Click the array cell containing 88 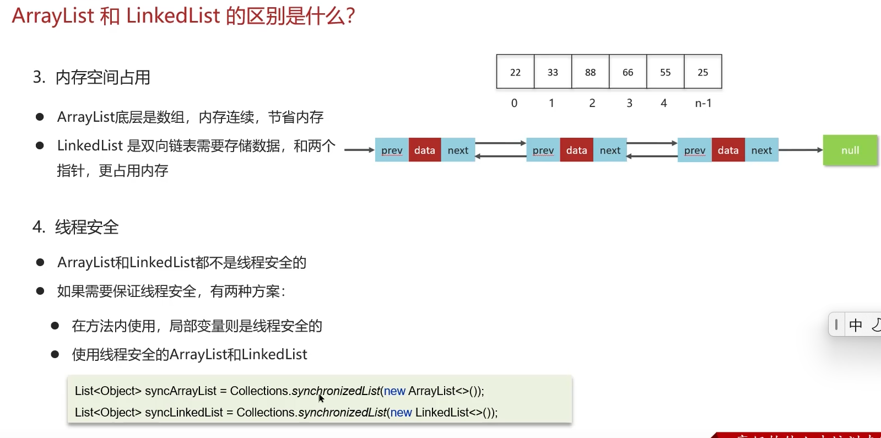[590, 72]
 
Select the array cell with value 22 [515, 72]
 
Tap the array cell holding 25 [702, 72]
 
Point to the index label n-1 [703, 103]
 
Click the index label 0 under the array [514, 103]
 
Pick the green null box [850, 150]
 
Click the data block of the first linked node [424, 150]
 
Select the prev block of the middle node [543, 150]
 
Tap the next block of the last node [761, 150]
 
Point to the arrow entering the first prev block [359, 150]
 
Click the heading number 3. [38, 77]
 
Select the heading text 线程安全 [87, 227]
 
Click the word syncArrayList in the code [181, 391]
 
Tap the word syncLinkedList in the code [184, 413]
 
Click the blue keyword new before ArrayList [394, 391]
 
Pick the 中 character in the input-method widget [856, 325]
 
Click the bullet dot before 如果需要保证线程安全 [40, 291]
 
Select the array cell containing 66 [628, 72]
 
